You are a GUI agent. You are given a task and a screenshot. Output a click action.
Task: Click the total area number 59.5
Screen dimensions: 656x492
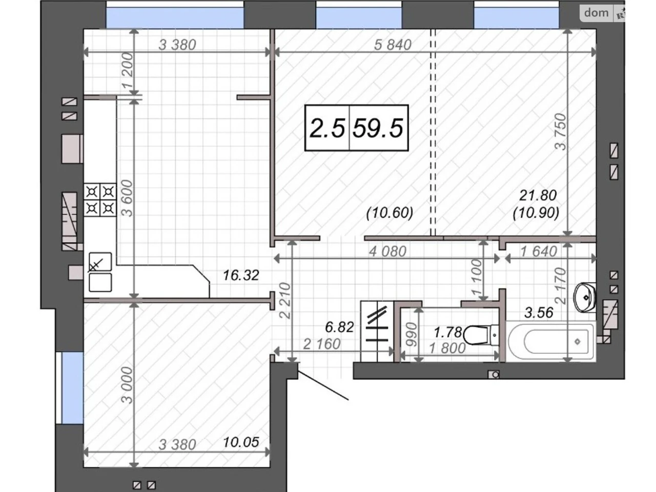tap(378, 128)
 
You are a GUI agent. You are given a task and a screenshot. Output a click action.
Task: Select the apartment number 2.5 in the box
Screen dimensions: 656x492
tap(327, 128)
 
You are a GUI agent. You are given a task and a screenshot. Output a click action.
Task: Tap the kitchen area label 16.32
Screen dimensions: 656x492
tap(241, 275)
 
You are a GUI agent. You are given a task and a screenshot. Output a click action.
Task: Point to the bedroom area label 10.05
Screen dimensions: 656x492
tap(241, 442)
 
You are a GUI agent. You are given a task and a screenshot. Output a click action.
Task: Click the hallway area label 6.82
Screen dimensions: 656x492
tap(339, 327)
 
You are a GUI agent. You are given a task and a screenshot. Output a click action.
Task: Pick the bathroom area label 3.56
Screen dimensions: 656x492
tap(539, 313)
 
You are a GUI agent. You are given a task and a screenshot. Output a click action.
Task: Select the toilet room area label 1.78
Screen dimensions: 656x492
tap(448, 333)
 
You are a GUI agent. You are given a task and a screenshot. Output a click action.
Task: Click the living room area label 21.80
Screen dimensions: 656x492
tap(538, 196)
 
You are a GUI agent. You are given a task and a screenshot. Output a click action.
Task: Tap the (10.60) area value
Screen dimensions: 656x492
tap(389, 213)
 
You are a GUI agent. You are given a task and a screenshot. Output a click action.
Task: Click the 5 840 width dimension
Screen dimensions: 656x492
tap(393, 45)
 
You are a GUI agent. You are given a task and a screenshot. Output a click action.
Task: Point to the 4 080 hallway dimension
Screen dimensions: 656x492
tap(387, 252)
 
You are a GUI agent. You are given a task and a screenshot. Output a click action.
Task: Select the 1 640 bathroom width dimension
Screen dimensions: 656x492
tap(539, 252)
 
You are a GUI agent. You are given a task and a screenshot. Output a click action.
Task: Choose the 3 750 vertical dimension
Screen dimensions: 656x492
tap(561, 131)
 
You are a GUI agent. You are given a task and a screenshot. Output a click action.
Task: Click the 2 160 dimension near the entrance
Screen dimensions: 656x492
tap(321, 344)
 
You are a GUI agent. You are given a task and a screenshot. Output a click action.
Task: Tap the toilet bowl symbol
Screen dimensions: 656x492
tap(481, 335)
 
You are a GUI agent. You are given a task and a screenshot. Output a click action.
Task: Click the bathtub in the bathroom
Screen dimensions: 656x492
tap(550, 341)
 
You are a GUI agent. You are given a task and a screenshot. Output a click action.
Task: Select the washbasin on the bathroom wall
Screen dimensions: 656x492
tap(585, 298)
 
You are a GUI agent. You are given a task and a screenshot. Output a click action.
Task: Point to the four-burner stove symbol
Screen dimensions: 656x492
tap(100, 200)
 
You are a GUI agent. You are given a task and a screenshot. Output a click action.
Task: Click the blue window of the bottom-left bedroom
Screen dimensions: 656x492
tap(72, 388)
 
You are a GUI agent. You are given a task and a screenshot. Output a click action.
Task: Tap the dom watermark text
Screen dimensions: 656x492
tap(596, 13)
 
